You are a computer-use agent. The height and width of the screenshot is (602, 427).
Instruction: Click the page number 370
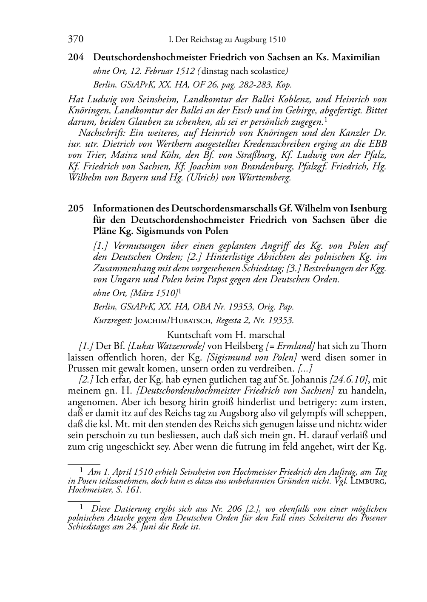[x=75, y=39]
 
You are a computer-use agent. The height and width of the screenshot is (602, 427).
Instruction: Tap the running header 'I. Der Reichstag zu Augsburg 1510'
[x=227, y=40]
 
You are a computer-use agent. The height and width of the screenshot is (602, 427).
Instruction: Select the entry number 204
[x=75, y=57]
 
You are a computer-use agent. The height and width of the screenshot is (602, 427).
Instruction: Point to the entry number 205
[x=75, y=209]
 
